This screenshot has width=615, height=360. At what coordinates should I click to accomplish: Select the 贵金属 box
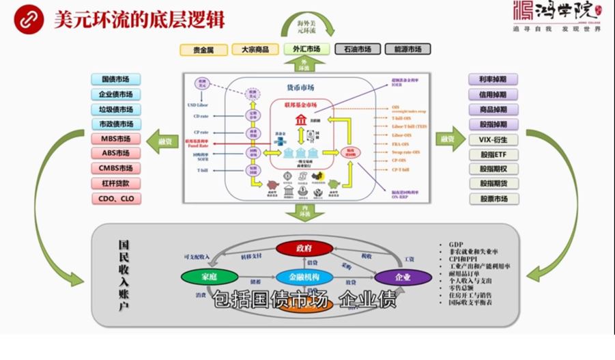(x=202, y=49)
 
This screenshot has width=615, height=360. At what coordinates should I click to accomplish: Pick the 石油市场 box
(x=357, y=49)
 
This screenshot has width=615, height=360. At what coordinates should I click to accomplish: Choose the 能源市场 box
(x=407, y=49)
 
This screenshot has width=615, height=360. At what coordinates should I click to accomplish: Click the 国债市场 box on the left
(x=115, y=79)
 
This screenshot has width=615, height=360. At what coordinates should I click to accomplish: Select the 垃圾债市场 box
(x=115, y=109)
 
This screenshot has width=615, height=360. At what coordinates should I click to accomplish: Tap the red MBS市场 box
(x=115, y=139)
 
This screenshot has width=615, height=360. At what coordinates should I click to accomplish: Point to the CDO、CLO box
(x=115, y=199)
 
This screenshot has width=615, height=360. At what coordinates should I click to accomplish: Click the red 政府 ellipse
(x=304, y=247)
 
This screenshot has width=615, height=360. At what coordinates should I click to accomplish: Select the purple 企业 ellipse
(x=402, y=277)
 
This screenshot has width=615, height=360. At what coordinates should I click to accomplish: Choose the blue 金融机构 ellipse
(x=304, y=277)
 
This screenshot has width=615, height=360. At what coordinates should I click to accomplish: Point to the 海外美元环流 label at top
(x=307, y=27)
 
